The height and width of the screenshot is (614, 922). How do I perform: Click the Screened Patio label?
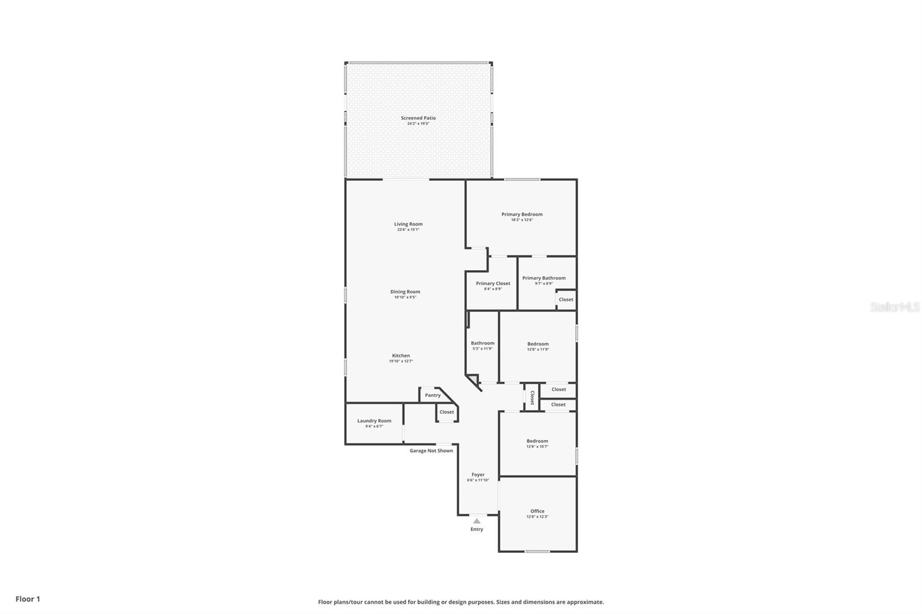[418, 118]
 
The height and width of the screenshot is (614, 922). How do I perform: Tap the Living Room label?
[408, 224]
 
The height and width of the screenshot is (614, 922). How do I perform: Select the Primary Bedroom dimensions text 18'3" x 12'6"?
[522, 220]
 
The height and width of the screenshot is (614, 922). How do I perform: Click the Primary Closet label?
[493, 283]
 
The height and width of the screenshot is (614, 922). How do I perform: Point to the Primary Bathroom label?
[543, 278]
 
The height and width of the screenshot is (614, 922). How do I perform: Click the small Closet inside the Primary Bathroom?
[566, 300]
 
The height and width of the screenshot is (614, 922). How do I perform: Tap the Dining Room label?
[405, 291]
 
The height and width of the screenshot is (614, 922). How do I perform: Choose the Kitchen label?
[401, 355]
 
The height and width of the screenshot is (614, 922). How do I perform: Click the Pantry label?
[433, 395]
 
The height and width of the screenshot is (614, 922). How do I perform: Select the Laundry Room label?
[374, 420]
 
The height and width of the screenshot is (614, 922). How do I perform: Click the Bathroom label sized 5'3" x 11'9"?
[482, 343]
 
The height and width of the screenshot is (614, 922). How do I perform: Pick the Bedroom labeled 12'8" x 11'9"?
[538, 344]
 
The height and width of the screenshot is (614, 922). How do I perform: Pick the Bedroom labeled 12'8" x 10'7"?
[537, 441]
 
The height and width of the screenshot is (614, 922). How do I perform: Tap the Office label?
[537, 511]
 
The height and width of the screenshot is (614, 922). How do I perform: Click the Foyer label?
[478, 475]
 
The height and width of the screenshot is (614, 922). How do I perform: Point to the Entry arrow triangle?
[477, 521]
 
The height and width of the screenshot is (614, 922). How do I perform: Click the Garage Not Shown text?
[431, 450]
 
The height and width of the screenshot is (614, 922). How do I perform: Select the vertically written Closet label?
[532, 397]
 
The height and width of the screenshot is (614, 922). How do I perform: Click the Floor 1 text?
[28, 599]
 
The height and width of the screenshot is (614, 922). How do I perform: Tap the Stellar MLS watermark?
[894, 307]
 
